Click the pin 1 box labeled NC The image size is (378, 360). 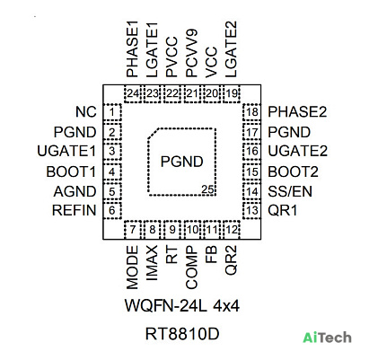tap(112, 112)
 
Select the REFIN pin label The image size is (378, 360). tap(75, 210)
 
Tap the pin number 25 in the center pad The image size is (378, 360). tap(207, 189)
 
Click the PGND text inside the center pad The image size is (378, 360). tap(181, 162)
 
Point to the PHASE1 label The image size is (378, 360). tap(132, 49)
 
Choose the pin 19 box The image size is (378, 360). tap(232, 93)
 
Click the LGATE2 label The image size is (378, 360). tap(231, 49)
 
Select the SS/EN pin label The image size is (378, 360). tap(290, 191)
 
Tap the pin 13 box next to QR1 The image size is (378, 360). tap(252, 210)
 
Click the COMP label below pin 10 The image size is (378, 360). tap(191, 268)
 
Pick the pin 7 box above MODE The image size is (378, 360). tap(133, 230)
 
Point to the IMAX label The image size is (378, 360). tap(152, 263)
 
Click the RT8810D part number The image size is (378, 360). tap(182, 334)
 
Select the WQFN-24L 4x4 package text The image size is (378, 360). tap(182, 306)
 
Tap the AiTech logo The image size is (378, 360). tap(327, 338)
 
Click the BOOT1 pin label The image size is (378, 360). tap(71, 171)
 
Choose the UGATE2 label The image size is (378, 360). tap(297, 151)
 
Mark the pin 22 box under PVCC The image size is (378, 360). tap(172, 93)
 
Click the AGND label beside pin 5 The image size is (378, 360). tap(75, 191)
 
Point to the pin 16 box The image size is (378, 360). tap(252, 151)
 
